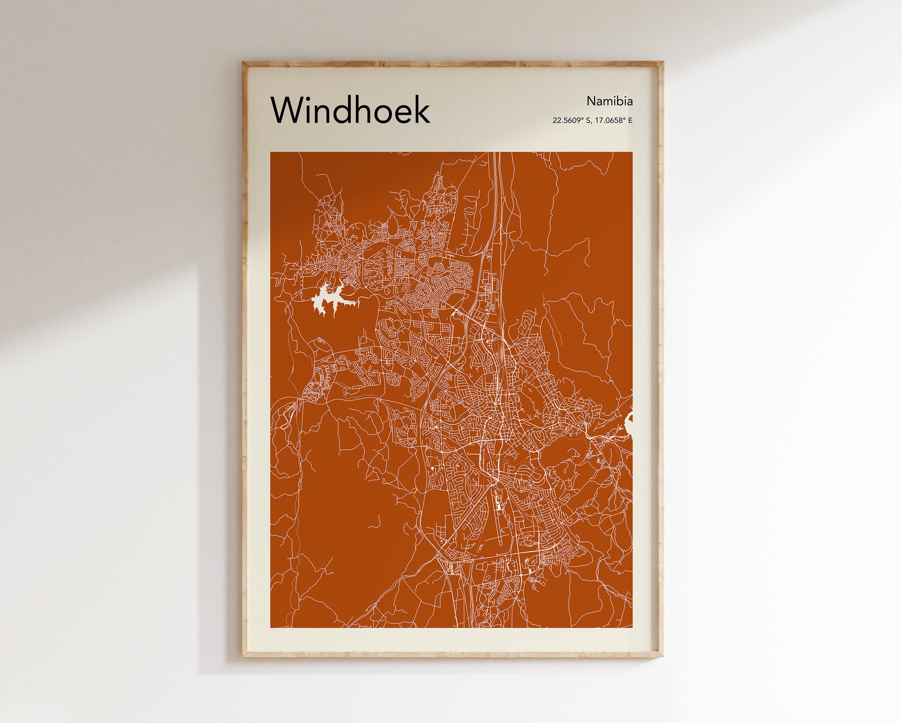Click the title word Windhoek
click(x=350, y=110)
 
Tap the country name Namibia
click(x=609, y=101)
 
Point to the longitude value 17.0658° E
click(x=614, y=121)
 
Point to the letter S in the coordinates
click(x=588, y=121)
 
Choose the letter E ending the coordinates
click(x=630, y=121)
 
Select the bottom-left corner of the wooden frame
click(x=244, y=657)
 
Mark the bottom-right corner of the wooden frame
click(x=663, y=657)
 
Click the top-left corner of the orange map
click(x=271, y=152)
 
